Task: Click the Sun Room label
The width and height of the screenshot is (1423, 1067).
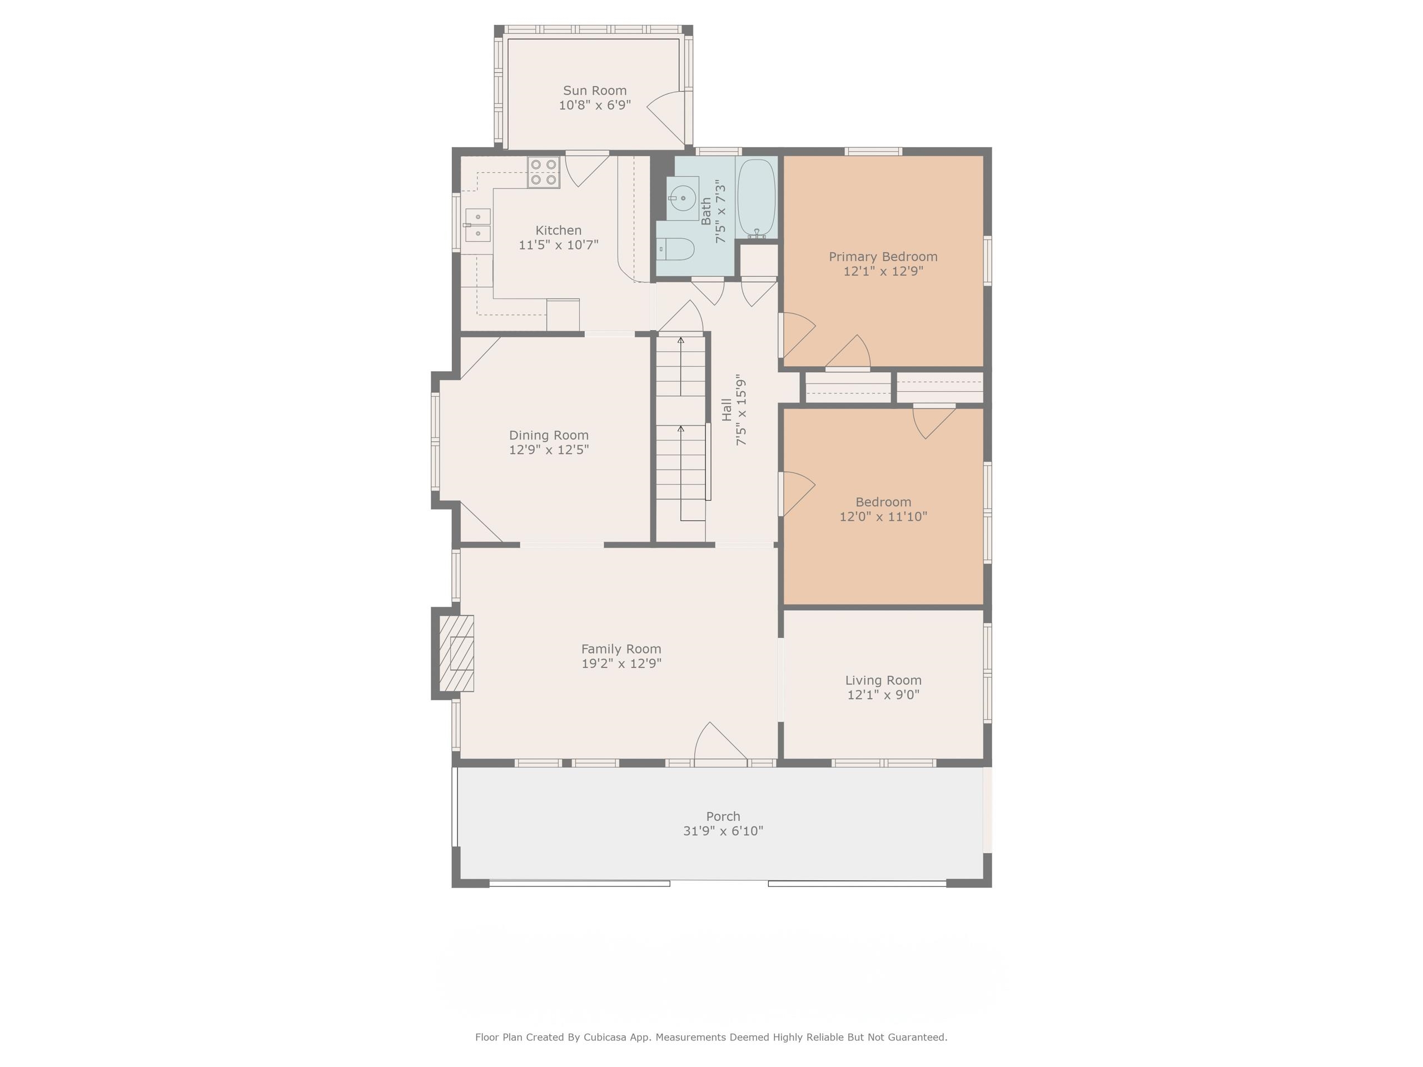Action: coord(594,91)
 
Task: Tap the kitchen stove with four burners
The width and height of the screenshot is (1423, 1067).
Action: coord(544,172)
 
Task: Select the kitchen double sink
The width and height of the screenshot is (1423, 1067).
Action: coord(477,225)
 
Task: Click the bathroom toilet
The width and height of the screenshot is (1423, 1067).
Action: coord(675,249)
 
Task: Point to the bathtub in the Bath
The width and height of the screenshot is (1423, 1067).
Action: coord(756,198)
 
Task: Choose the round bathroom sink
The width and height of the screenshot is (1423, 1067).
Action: coord(683,198)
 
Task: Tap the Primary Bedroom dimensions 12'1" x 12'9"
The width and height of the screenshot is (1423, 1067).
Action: coord(883,271)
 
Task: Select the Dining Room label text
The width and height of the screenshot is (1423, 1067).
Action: coord(549,436)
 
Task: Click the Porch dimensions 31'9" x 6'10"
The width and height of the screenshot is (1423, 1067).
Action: coord(723,830)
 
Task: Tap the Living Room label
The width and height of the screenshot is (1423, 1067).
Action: coord(883,680)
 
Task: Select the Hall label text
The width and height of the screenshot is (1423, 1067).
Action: coord(727,410)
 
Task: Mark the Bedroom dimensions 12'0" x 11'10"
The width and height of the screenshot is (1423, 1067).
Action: coord(883,516)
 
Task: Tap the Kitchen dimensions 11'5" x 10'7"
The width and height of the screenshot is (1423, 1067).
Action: coord(559,245)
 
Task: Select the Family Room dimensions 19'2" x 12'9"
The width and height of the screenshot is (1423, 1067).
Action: coord(621,663)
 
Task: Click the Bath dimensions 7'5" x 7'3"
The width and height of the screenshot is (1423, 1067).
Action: coord(721,211)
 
